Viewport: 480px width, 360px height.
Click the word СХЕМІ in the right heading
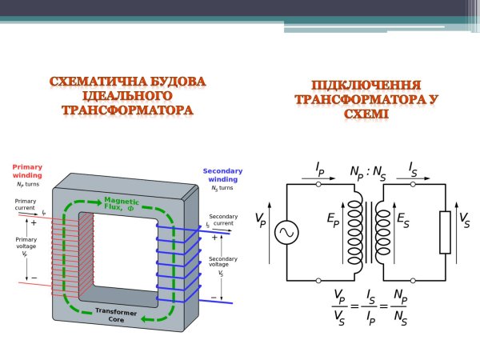[x=367, y=114]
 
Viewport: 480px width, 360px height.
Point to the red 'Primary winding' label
[x=27, y=171]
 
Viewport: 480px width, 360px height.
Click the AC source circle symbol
[x=286, y=232]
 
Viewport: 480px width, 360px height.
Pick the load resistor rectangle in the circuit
[x=445, y=232]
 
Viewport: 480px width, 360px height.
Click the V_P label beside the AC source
[x=261, y=219]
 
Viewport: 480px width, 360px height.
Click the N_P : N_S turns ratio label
[x=367, y=172]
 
